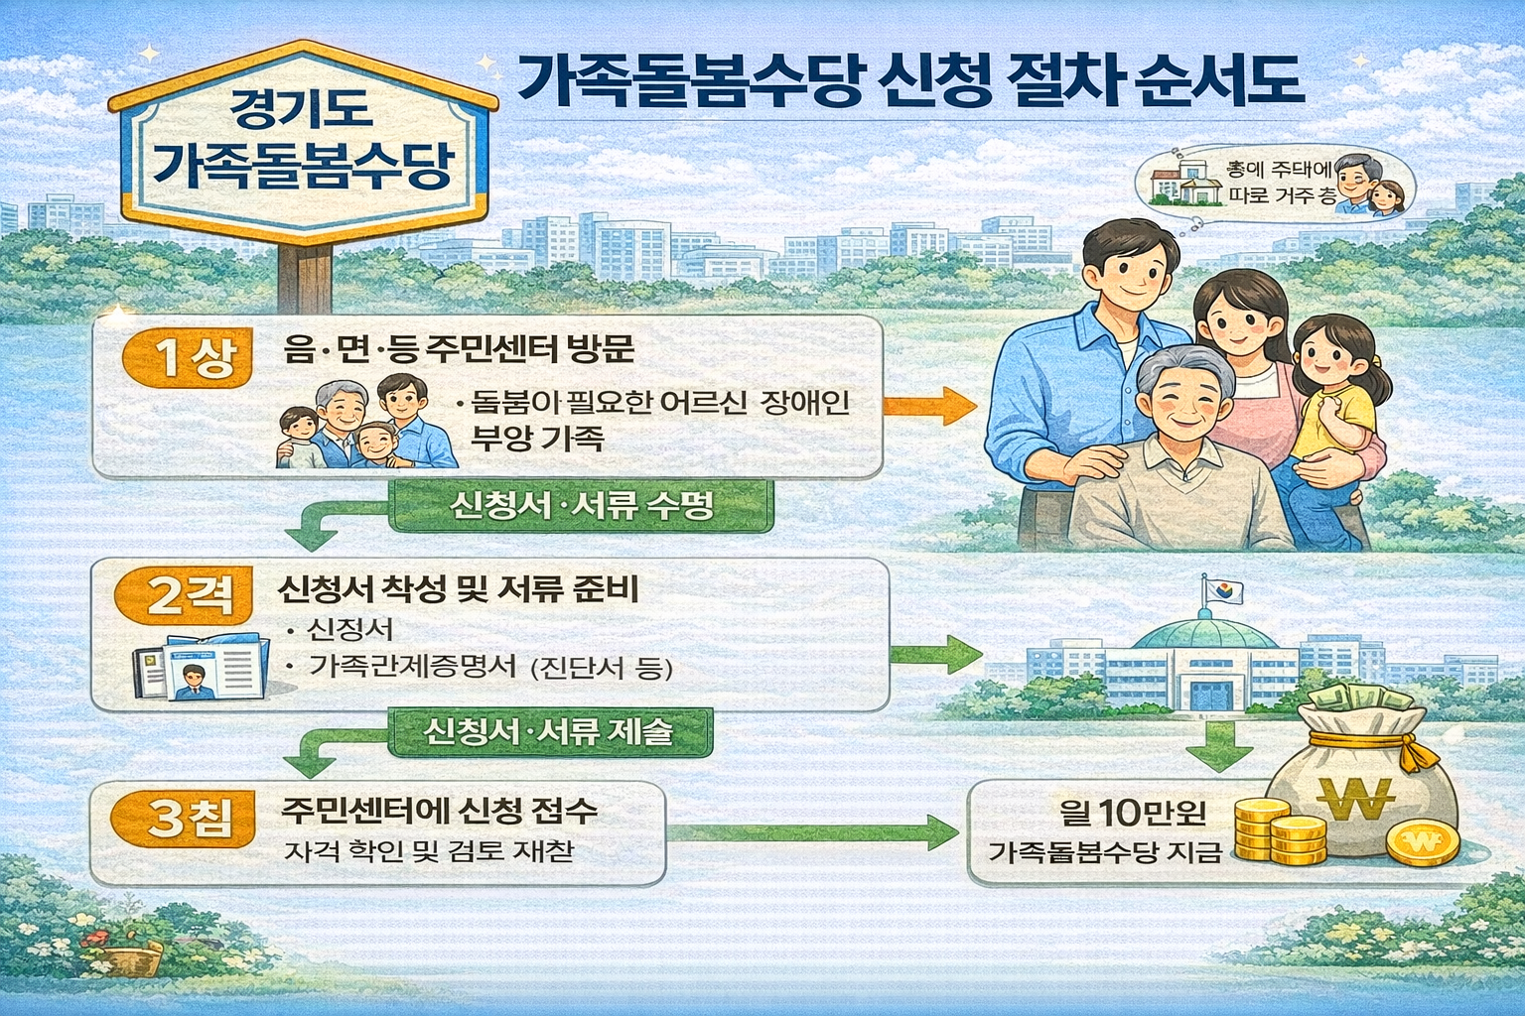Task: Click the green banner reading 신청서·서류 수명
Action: pyautogui.click(x=582, y=506)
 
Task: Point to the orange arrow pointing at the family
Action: pyautogui.click(x=928, y=405)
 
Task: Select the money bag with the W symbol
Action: pyautogui.click(x=1360, y=784)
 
